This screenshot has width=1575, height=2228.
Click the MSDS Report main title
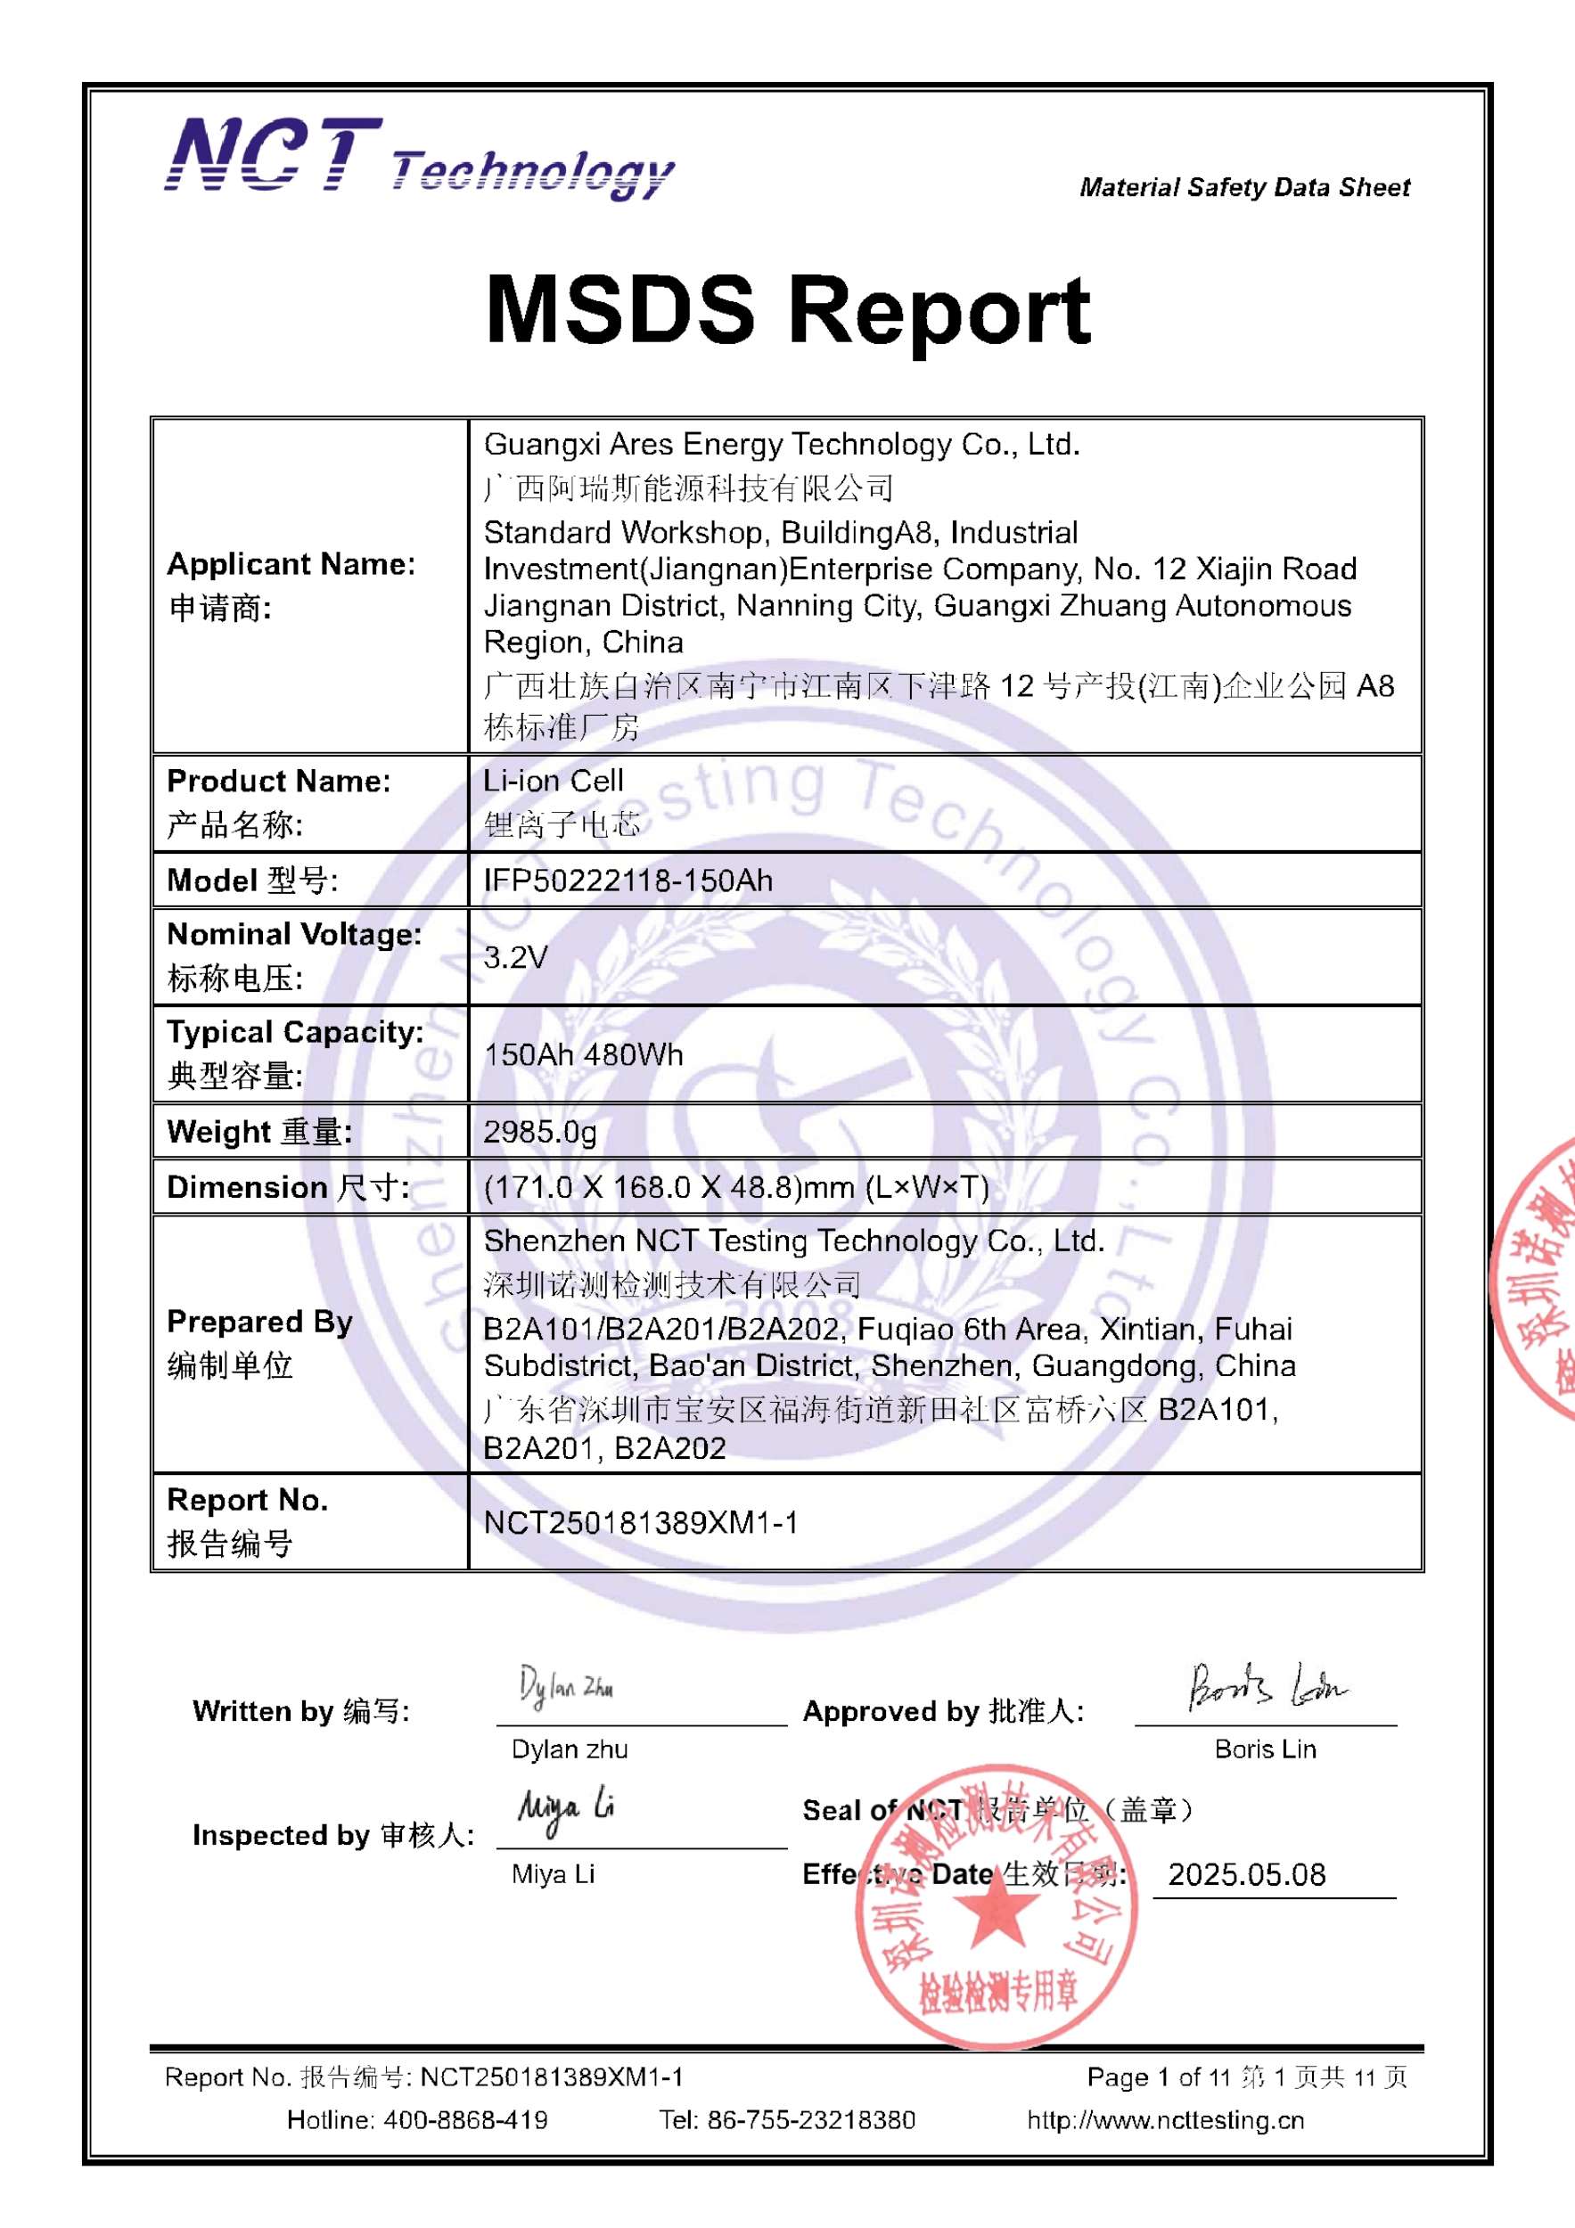tap(788, 309)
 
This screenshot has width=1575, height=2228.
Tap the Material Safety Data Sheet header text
tap(1244, 187)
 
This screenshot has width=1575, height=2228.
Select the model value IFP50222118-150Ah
tap(628, 881)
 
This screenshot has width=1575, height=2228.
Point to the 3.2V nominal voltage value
tap(515, 957)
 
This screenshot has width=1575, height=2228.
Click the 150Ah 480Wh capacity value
tap(583, 1055)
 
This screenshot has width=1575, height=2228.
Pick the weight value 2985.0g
tap(539, 1132)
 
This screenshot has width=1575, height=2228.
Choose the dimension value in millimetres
tap(735, 1187)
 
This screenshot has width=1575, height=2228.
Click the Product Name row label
tap(278, 782)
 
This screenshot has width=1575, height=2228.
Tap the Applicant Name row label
tap(291, 565)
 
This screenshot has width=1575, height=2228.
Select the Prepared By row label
tap(259, 1322)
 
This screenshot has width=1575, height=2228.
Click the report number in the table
tap(641, 1522)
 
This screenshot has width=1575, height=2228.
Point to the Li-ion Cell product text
tap(554, 782)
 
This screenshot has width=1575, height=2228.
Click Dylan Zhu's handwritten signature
tap(565, 1689)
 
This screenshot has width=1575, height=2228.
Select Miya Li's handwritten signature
tap(566, 1808)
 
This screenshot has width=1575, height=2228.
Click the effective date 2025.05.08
tap(1246, 1874)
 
